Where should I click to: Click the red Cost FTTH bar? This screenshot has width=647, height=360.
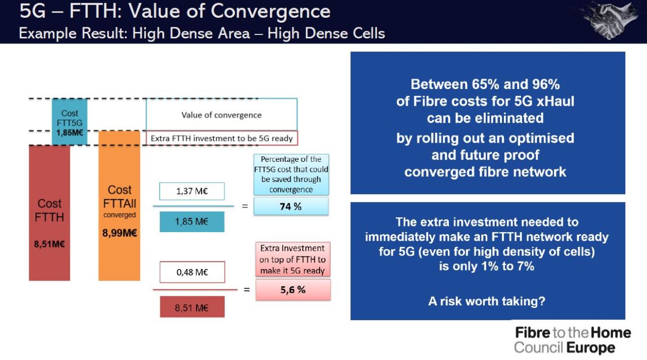pyautogui.click(x=50, y=213)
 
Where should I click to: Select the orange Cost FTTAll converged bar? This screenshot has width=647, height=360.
pyautogui.click(x=119, y=205)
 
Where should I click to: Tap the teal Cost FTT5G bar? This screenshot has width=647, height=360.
pyautogui.click(x=70, y=122)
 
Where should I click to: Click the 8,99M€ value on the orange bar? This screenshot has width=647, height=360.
pyautogui.click(x=120, y=233)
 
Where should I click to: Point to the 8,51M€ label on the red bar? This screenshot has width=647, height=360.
pyautogui.click(x=50, y=244)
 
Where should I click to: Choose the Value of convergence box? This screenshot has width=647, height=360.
pyautogui.click(x=221, y=114)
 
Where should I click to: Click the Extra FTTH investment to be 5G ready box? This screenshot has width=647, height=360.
pyautogui.click(x=222, y=138)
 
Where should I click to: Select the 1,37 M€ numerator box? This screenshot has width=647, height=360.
pyautogui.click(x=192, y=191)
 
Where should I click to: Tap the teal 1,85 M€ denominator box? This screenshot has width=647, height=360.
pyautogui.click(x=192, y=221)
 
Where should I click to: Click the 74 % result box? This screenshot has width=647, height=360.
pyautogui.click(x=291, y=206)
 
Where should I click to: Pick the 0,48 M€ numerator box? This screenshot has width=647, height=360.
pyautogui.click(x=193, y=272)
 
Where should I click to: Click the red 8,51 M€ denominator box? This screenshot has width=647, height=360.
pyautogui.click(x=192, y=307)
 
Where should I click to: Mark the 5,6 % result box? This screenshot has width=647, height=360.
pyautogui.click(x=293, y=290)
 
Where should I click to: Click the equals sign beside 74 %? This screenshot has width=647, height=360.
pyautogui.click(x=245, y=206)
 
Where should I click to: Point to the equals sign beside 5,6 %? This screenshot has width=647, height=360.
pyautogui.click(x=247, y=289)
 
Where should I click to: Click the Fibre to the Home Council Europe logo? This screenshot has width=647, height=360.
pyautogui.click(x=573, y=340)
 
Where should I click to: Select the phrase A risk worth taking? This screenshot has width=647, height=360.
pyautogui.click(x=487, y=301)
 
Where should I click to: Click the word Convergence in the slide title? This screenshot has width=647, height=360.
pyautogui.click(x=270, y=12)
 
